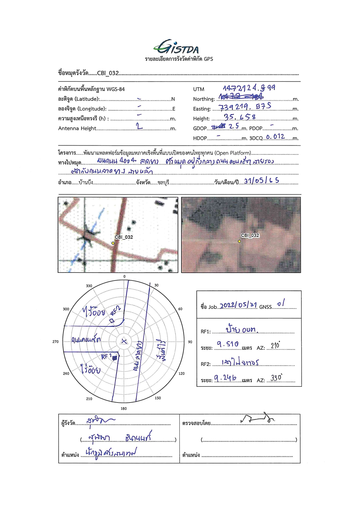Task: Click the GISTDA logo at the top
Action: [x=176, y=47]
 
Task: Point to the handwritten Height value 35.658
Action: [x=240, y=117]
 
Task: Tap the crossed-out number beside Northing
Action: [x=241, y=96]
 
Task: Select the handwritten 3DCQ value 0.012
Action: [x=275, y=136]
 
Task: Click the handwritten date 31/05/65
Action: [x=261, y=181]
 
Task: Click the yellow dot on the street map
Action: [x=113, y=243]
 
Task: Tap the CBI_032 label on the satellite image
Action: [x=250, y=235]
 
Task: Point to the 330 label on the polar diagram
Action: [x=89, y=286]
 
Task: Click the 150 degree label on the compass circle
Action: [x=158, y=398]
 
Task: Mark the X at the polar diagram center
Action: [x=124, y=341]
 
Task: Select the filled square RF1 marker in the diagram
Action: [x=115, y=358]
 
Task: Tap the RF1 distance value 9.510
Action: [x=228, y=344]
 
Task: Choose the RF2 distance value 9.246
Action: [x=225, y=378]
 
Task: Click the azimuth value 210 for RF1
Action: [x=275, y=345]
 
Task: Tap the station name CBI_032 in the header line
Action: [x=108, y=73]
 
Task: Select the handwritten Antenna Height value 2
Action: [x=139, y=126]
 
